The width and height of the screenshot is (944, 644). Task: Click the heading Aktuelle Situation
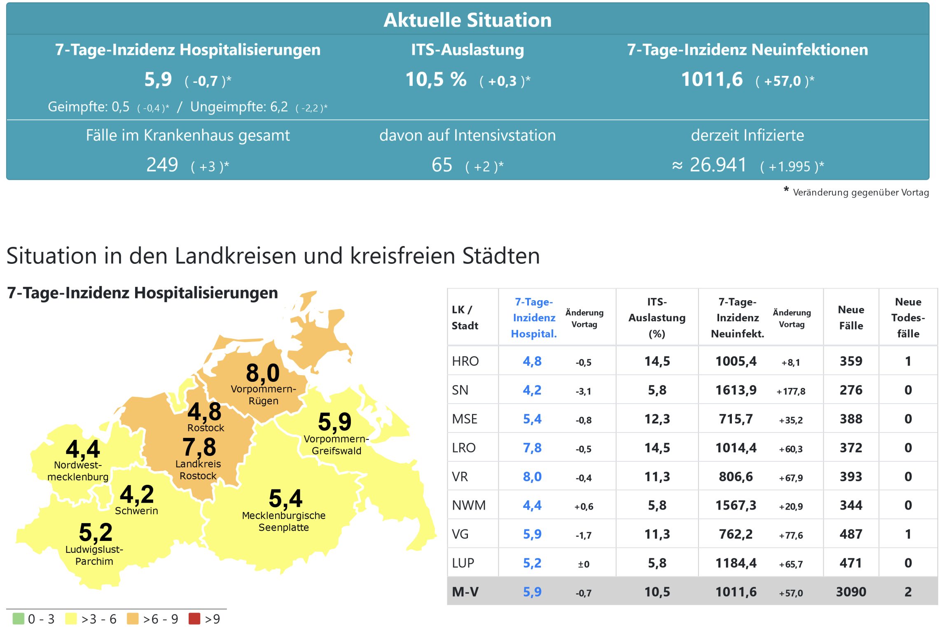(467, 20)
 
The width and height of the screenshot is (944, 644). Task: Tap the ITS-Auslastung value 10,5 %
(436, 79)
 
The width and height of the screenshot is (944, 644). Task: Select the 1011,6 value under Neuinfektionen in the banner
(712, 79)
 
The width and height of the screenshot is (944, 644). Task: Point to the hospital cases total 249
(162, 165)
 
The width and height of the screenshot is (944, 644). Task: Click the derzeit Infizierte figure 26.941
(718, 165)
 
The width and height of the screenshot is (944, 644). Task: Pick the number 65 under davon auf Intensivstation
(442, 165)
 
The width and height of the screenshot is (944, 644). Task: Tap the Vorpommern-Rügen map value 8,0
(263, 373)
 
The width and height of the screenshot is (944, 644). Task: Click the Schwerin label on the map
(136, 511)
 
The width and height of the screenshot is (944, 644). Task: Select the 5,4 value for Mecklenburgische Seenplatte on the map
(285, 498)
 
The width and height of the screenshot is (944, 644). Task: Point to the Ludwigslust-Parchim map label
(94, 555)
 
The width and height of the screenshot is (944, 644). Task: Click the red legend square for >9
(194, 618)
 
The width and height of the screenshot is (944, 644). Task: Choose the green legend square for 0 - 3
(19, 618)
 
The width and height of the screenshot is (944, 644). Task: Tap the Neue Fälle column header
(851, 317)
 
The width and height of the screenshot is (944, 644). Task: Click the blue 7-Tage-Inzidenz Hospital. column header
(534, 317)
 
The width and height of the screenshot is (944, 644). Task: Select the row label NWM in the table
(469, 505)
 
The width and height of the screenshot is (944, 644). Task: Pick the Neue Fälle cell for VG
(851, 534)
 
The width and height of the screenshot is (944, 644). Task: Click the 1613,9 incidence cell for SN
(736, 390)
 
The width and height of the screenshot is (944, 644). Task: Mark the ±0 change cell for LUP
(583, 564)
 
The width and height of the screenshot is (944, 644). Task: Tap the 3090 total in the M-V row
(851, 592)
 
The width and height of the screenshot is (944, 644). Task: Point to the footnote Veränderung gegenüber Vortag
(860, 193)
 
